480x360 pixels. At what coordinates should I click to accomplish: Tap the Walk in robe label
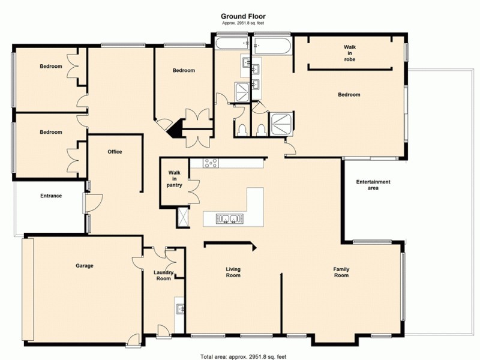pos(350,52)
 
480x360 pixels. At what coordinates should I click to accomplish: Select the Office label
pos(115,152)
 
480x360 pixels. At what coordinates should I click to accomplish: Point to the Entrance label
pos(51,196)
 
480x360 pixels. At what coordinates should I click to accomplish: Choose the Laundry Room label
pos(164,275)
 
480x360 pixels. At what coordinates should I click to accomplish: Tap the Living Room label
pos(233,272)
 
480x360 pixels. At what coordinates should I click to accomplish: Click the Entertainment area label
pos(373,185)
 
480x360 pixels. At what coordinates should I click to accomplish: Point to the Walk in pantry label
pos(175,179)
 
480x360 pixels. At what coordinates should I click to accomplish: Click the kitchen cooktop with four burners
pos(211,163)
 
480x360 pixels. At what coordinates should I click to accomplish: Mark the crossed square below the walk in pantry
pos(182,217)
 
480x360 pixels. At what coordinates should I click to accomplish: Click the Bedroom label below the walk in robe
pos(349,95)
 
